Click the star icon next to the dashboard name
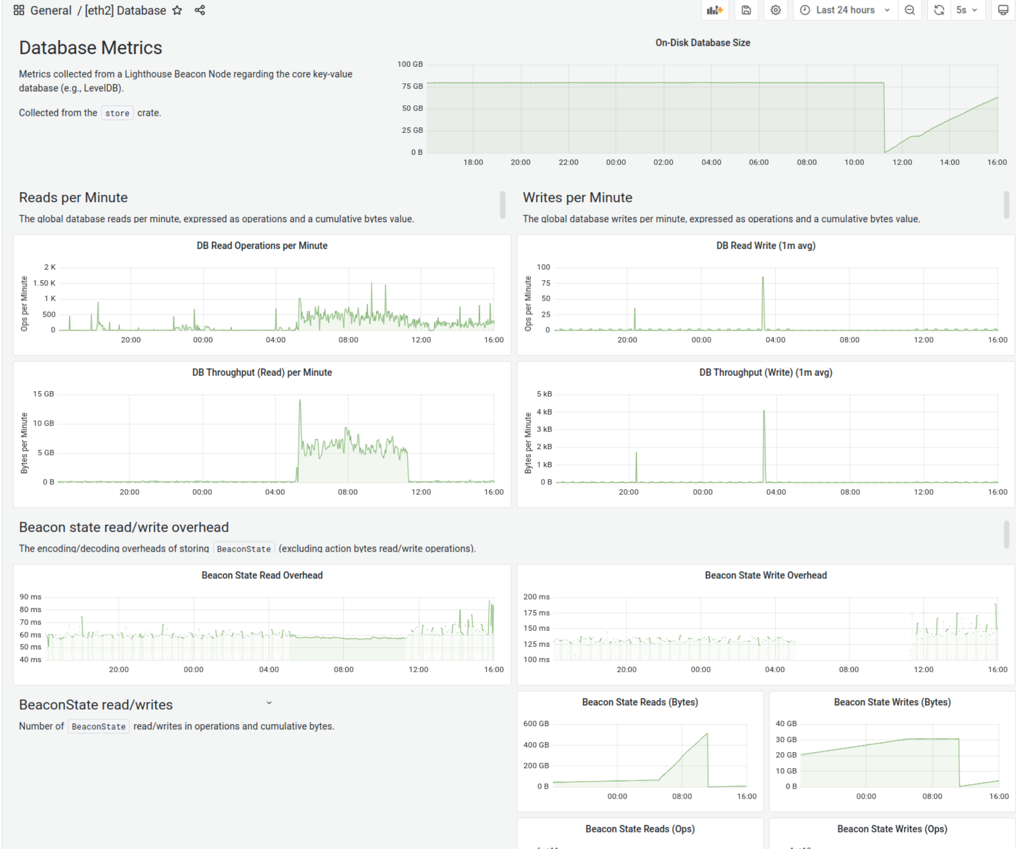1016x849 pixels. (x=177, y=10)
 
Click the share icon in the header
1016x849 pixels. (x=200, y=10)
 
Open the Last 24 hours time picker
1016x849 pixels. (x=845, y=10)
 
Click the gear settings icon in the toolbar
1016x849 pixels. (x=776, y=10)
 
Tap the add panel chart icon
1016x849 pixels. (x=714, y=10)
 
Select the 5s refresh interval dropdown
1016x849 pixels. (x=966, y=10)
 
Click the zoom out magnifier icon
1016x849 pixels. (x=910, y=10)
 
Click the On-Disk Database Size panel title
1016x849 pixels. (x=703, y=43)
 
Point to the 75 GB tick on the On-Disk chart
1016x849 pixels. (x=412, y=86)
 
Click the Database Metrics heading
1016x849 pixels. (x=90, y=48)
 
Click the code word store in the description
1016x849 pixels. (x=117, y=113)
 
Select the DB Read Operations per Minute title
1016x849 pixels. (x=262, y=246)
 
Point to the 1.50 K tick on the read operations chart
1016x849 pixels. (x=44, y=283)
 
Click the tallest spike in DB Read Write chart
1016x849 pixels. (x=762, y=278)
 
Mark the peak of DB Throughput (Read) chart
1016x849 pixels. (x=300, y=400)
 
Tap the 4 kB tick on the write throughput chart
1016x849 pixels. (x=544, y=412)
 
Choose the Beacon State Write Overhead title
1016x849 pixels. (x=765, y=575)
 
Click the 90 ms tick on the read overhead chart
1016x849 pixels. (x=30, y=597)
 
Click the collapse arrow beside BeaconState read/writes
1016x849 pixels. (x=269, y=703)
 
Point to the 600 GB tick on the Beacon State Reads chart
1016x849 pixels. (x=536, y=724)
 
